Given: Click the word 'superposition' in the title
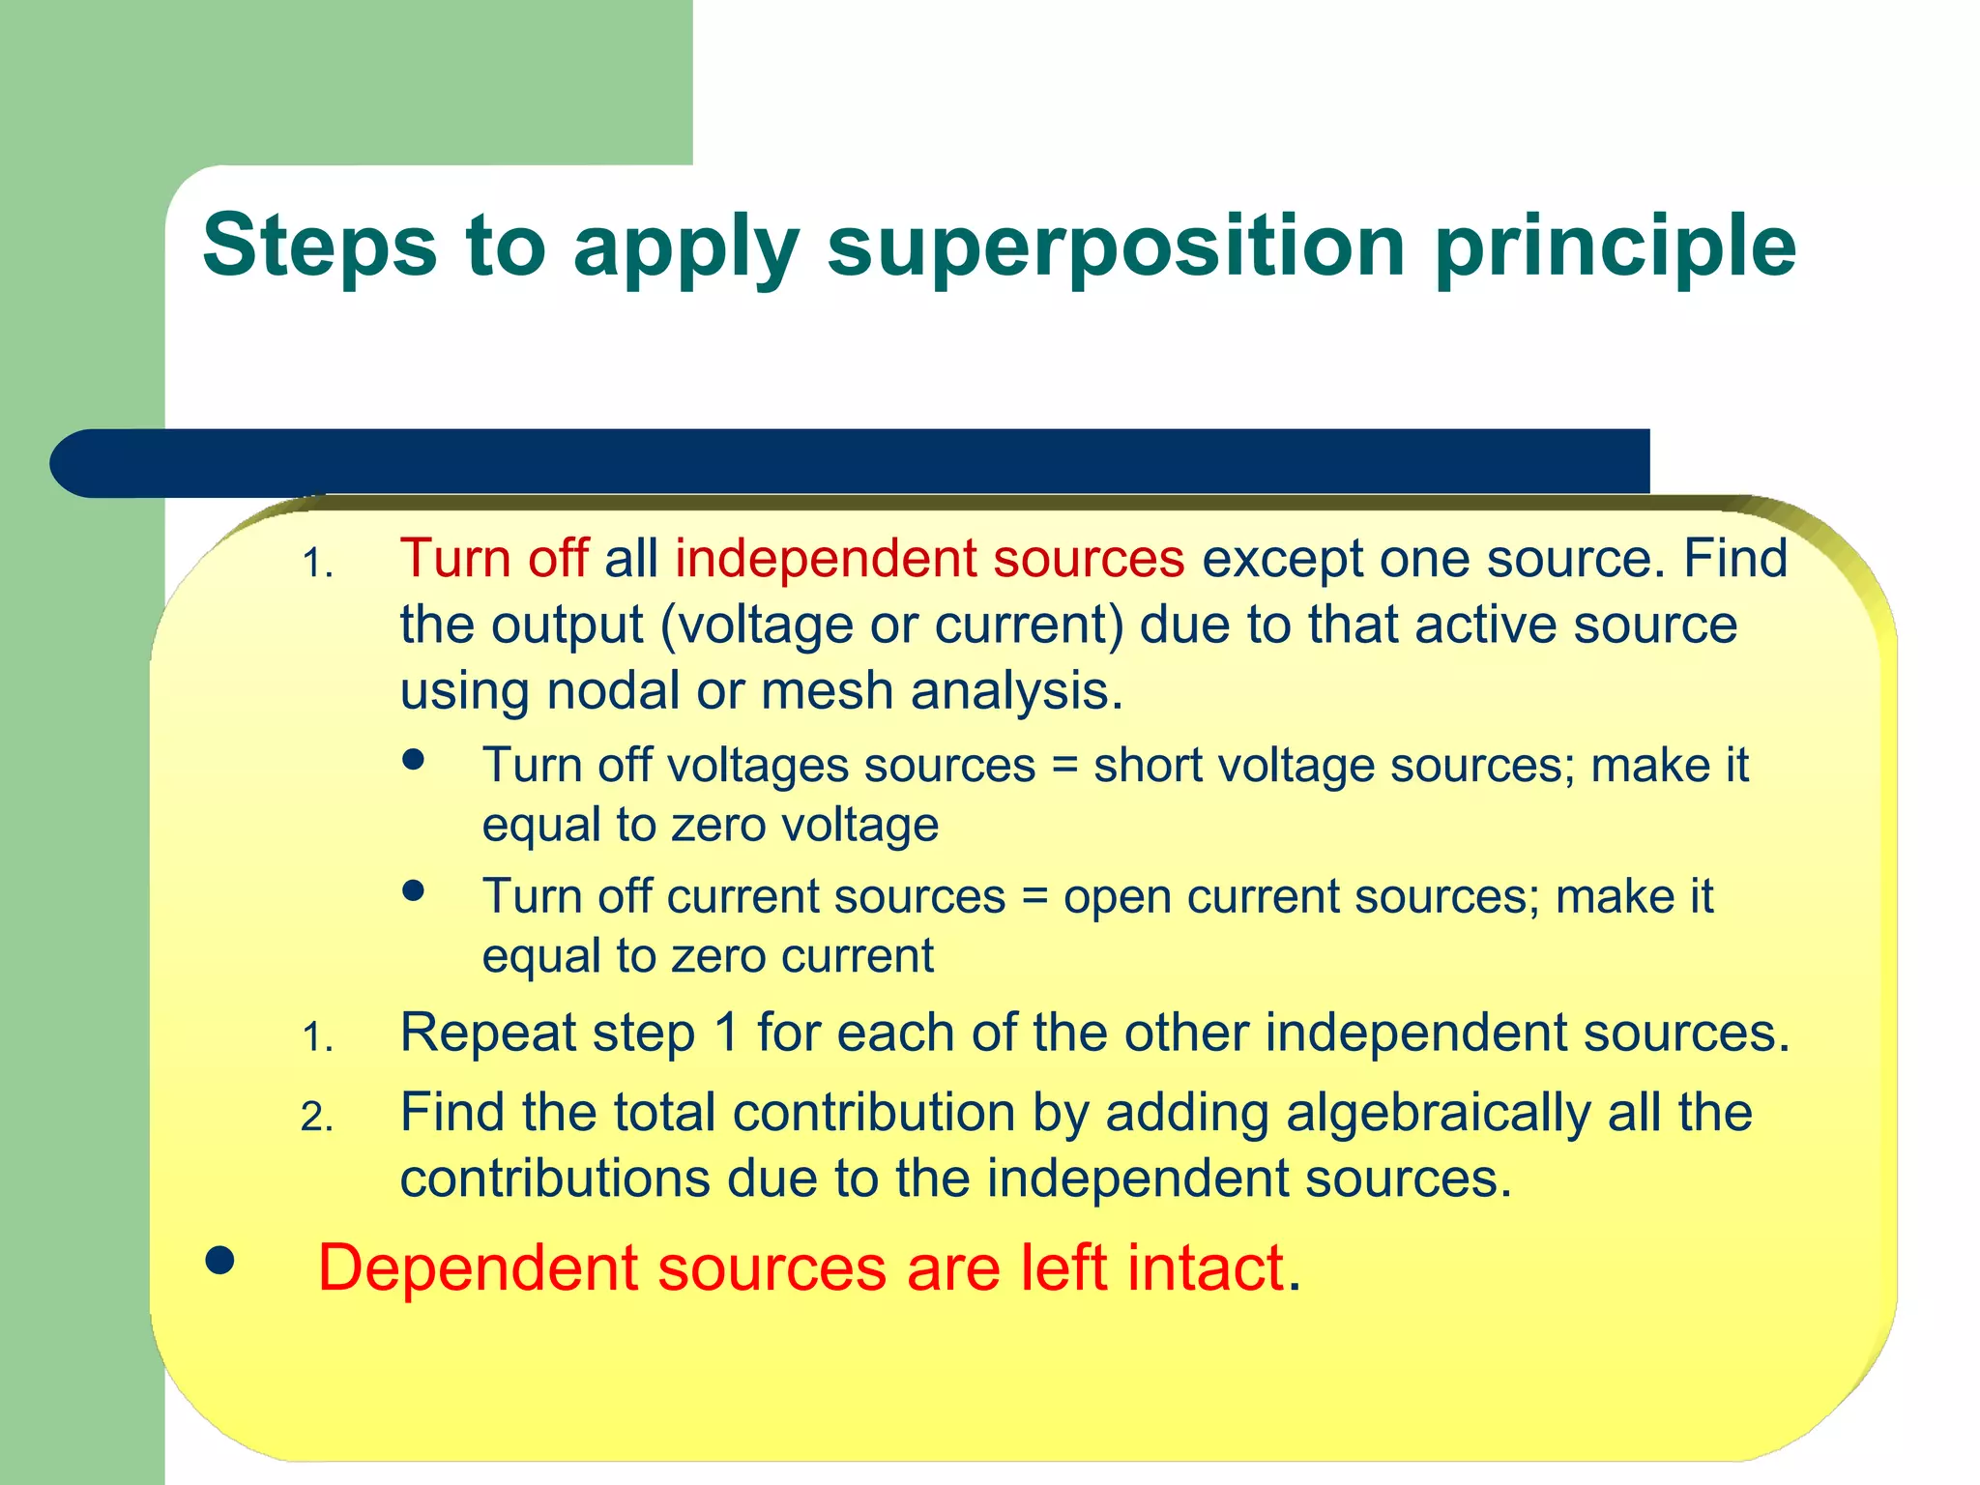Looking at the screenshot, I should pyautogui.click(x=1116, y=247).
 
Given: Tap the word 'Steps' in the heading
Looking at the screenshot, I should pyautogui.click(x=320, y=247).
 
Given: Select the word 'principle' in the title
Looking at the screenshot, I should pyautogui.click(x=1614, y=247).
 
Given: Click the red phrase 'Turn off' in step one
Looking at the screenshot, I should pyautogui.click(x=493, y=559).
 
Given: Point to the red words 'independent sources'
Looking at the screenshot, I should pyautogui.click(x=929, y=559).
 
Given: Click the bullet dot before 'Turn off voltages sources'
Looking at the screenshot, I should pyautogui.click(x=414, y=760).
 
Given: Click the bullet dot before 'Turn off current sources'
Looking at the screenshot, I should pyautogui.click(x=414, y=890).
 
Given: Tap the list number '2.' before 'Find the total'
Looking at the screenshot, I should pyautogui.click(x=317, y=1118).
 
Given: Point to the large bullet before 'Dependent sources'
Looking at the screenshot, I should pyautogui.click(x=220, y=1261).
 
